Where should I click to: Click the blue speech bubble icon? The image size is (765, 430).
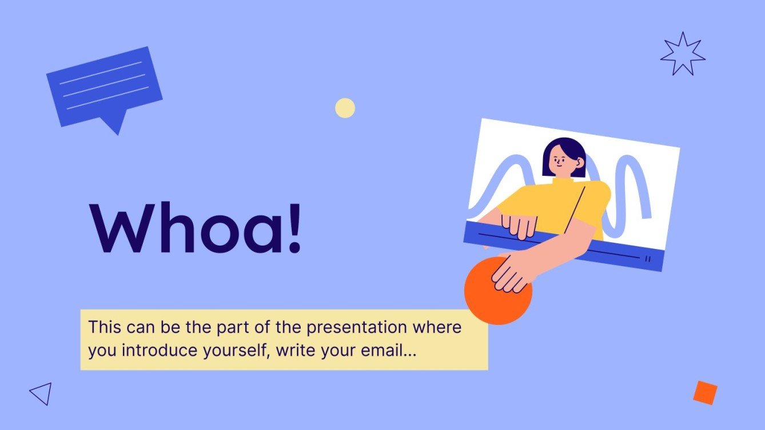coord(104,86)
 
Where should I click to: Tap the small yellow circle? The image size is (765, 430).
coord(345,108)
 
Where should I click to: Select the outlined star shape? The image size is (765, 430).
coord(682,54)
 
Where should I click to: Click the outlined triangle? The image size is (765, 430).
coord(42,393)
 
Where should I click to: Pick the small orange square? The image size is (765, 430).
coord(705,392)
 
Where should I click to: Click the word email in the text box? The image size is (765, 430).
coord(380,350)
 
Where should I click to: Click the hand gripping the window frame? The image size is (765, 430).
coord(519,224)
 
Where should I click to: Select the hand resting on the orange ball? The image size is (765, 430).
coord(511,272)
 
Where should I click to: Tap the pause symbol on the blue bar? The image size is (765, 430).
coord(647,259)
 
